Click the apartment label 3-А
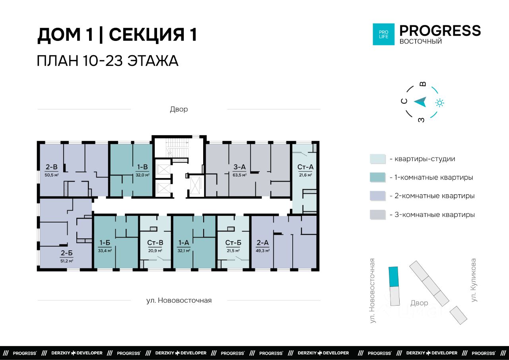[x=239, y=167]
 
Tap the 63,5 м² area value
[x=239, y=175]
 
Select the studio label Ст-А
[x=305, y=167]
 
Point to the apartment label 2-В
[x=52, y=167]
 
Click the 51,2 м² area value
[x=66, y=261]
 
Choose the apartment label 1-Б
[x=105, y=243]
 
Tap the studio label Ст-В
[x=155, y=243]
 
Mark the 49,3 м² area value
[x=263, y=251]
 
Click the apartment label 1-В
[x=142, y=167]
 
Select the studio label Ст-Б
[x=233, y=243]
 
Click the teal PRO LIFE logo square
[x=384, y=34]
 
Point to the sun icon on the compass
[x=440, y=103]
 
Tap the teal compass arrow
[x=420, y=102]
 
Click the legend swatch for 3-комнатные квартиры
[x=378, y=215]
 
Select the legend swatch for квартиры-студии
[x=378, y=159]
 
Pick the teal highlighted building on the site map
[x=394, y=277]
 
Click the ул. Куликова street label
[x=473, y=280]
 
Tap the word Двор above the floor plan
[x=179, y=109]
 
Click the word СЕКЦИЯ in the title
[x=146, y=35]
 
